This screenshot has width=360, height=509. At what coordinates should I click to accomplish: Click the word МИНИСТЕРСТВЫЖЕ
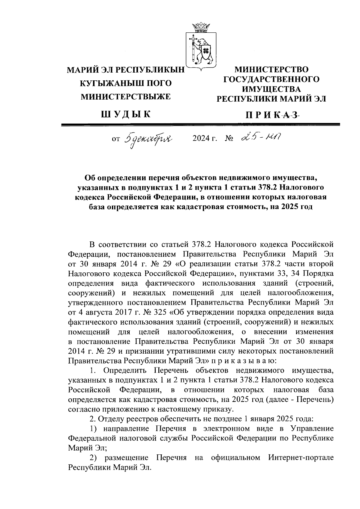tap(126, 96)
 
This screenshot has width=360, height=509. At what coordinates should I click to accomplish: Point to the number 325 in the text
tap(160, 312)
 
